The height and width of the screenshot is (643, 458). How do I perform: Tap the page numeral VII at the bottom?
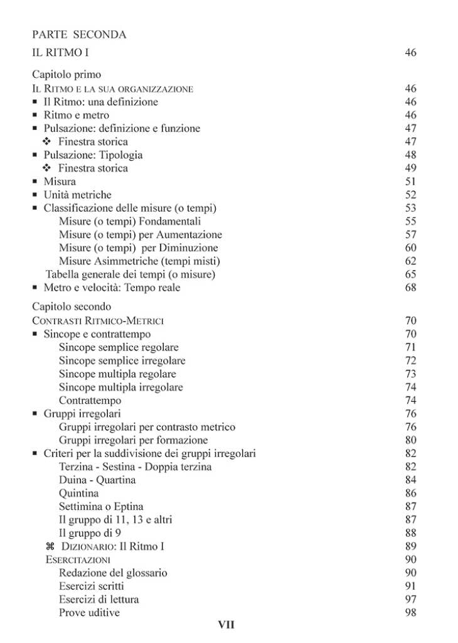[226, 625]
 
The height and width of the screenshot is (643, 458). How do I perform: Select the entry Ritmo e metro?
[76, 115]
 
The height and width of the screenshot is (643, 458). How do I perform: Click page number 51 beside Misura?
[411, 181]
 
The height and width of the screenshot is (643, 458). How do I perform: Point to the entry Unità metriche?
[77, 195]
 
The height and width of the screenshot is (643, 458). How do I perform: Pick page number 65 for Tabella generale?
[411, 274]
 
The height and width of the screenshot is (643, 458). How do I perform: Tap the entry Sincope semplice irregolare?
[122, 360]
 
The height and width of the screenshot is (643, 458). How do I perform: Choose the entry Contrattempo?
[90, 400]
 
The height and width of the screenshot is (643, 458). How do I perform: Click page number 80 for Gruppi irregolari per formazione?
[411, 440]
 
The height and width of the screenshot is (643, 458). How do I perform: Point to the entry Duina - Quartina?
[97, 480]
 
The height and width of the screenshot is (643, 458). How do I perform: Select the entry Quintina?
[78, 494]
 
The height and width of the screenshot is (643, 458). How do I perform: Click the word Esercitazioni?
[78, 559]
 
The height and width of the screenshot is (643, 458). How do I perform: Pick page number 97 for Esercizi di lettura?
[411, 599]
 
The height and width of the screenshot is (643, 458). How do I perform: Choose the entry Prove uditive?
[89, 612]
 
